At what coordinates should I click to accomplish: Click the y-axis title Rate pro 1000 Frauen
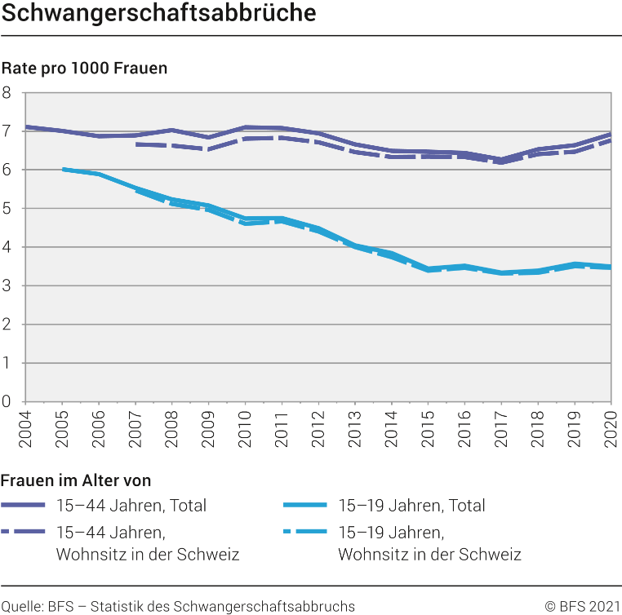84,68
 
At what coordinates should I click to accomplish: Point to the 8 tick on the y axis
7,92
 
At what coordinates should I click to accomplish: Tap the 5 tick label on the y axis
7,208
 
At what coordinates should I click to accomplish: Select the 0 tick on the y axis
7,401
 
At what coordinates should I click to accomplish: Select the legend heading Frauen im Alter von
76,480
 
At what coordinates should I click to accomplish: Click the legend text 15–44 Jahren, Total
131,506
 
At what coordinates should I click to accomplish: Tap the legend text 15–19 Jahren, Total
411,506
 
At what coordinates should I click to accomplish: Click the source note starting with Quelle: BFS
178,606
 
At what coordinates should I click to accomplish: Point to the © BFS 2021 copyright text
583,606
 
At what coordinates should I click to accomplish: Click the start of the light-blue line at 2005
62,169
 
